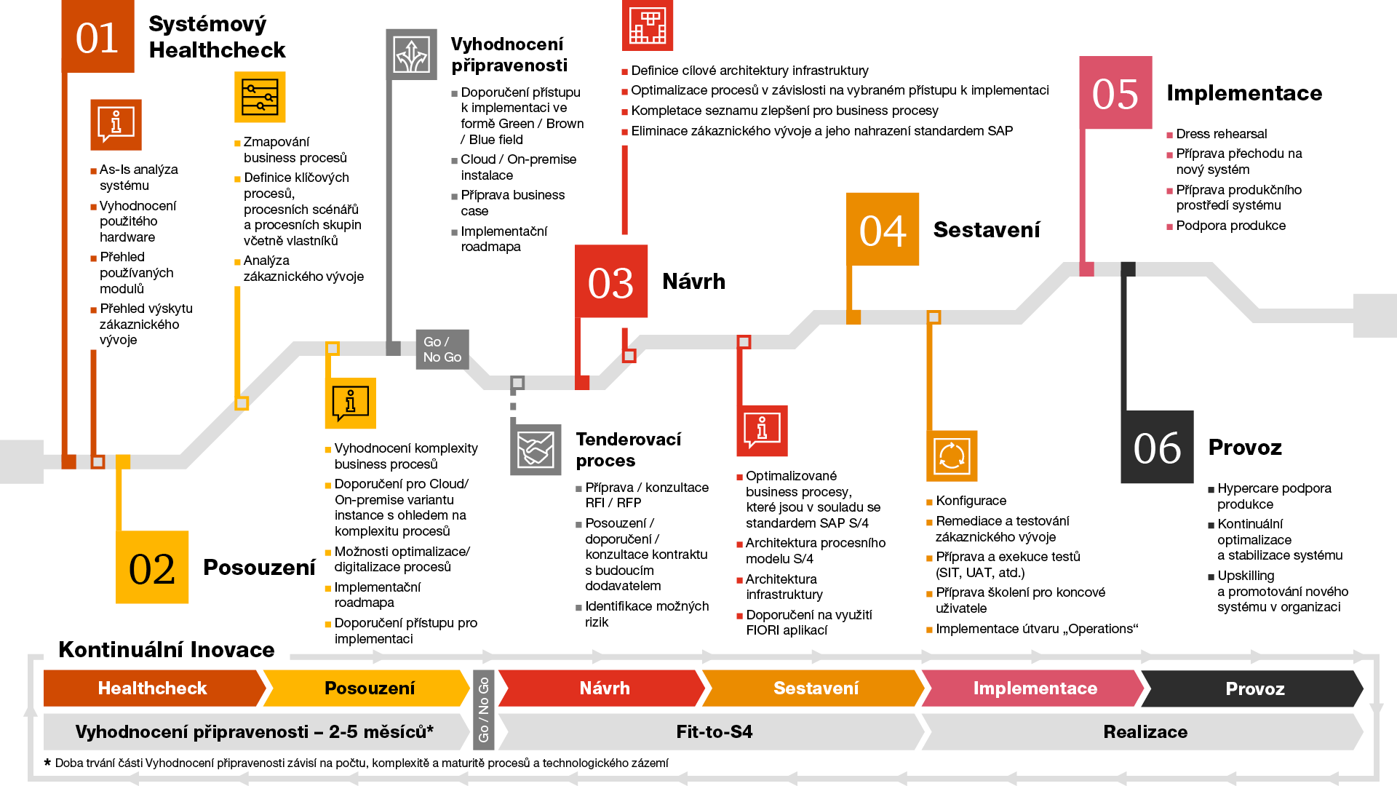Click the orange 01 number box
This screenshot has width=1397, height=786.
coord(97,36)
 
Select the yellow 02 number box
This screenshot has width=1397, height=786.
coord(152,567)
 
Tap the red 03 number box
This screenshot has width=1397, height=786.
coord(611,282)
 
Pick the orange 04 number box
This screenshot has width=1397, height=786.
coord(883,229)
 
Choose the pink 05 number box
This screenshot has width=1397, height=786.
coord(1115,93)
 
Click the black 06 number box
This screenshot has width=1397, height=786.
coord(1157,447)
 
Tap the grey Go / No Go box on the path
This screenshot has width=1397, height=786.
coord(442,349)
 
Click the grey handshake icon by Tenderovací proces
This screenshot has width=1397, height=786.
coord(536,450)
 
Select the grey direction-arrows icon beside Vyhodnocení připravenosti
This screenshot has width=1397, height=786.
coord(411,55)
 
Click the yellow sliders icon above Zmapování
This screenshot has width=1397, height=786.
coord(260,97)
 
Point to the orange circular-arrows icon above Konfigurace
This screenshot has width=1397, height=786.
coord(952,456)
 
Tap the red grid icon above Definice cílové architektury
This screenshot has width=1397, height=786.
coord(648,25)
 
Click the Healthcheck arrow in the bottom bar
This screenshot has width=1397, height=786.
coord(153,688)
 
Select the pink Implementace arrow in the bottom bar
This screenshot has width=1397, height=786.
coord(1035,688)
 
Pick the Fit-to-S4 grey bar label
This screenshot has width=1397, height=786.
coord(714,732)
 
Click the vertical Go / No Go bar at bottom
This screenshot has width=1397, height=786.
coord(484,710)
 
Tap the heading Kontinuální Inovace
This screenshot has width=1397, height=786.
coord(167,649)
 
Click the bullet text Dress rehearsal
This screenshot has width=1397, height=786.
coord(1222,134)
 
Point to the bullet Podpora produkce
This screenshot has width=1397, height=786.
coord(1230,226)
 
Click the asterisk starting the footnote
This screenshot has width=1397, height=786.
coord(48,763)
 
